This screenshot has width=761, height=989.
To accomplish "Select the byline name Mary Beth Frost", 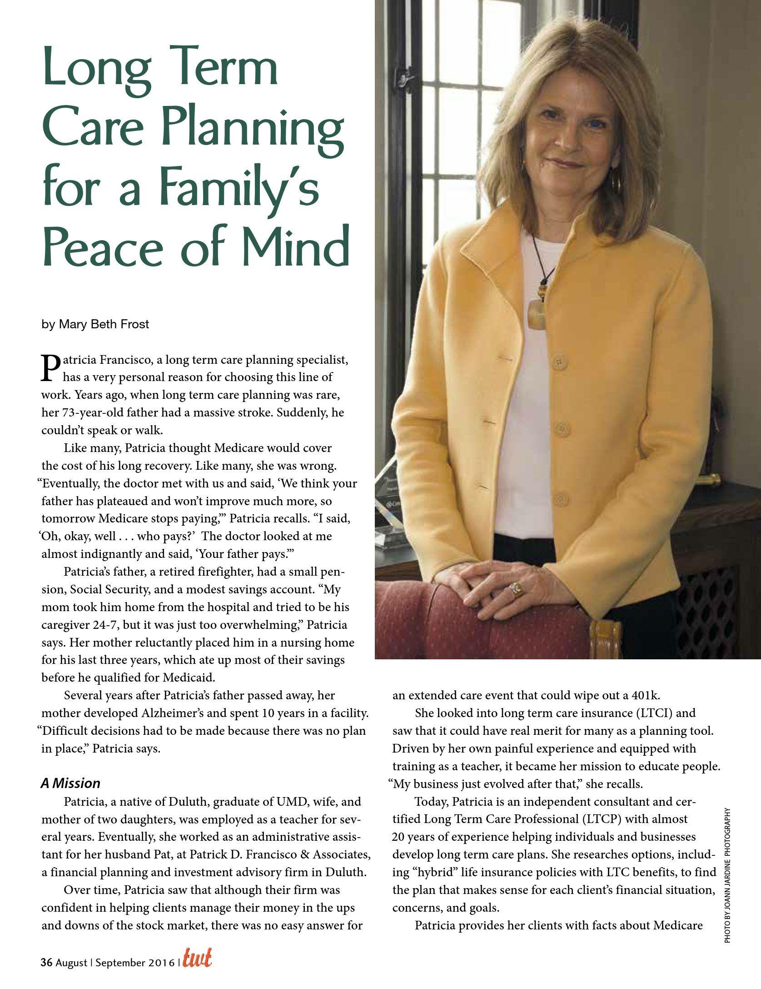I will pyautogui.click(x=104, y=325).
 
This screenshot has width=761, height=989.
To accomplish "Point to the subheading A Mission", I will pyautogui.click(x=70, y=783).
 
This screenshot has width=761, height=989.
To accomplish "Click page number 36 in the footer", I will pyautogui.click(x=47, y=974).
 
